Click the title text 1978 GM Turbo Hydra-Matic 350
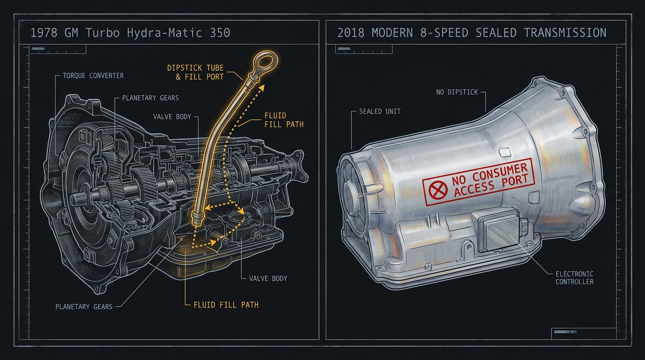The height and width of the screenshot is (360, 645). (x=130, y=33)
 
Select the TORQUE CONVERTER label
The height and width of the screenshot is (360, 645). (x=93, y=76)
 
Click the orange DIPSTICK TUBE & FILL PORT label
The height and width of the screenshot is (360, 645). (x=195, y=72)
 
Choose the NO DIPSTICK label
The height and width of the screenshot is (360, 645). (x=457, y=92)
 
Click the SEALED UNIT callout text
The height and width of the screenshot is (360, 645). (x=380, y=112)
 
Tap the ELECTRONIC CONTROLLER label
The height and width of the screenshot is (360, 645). (x=575, y=278)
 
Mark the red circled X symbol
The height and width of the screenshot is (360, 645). (x=438, y=190)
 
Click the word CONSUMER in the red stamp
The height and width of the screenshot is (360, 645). (x=501, y=172)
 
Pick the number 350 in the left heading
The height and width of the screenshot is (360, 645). (x=220, y=33)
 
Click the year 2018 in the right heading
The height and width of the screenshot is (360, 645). (x=351, y=33)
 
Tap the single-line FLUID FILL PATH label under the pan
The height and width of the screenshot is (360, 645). (x=226, y=305)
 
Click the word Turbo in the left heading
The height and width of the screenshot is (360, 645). (x=103, y=33)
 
